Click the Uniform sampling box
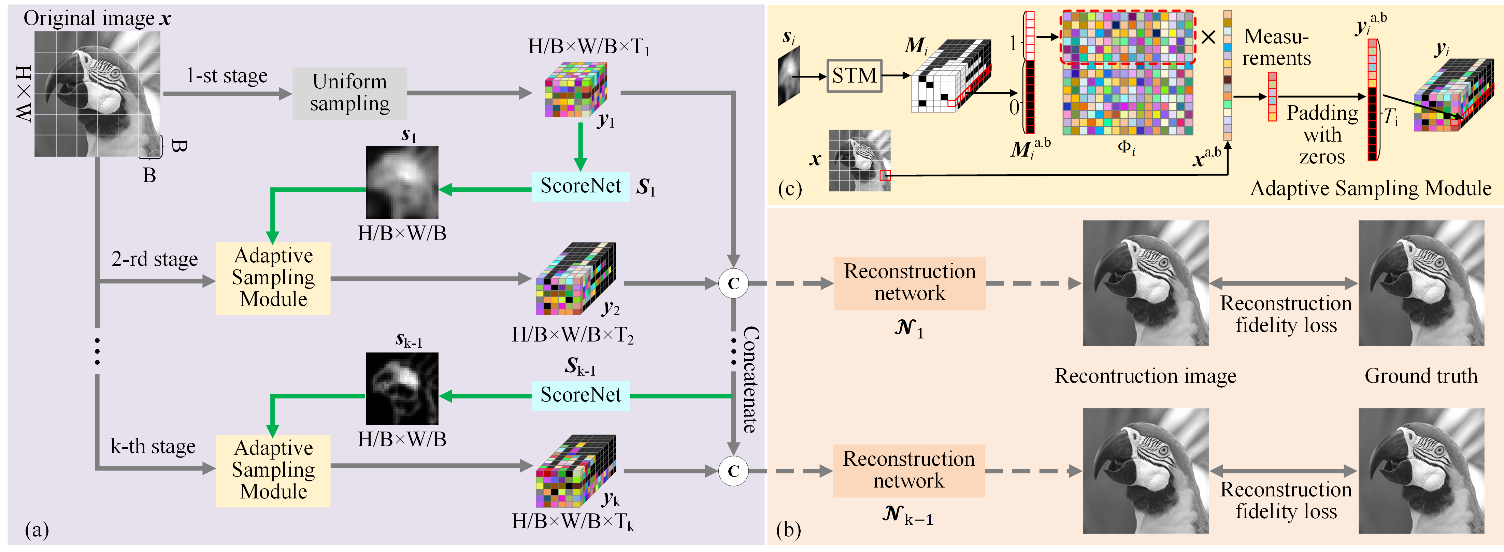pyautogui.click(x=349, y=93)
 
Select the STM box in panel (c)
pyautogui.click(x=854, y=76)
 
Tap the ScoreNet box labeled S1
pyautogui.click(x=581, y=187)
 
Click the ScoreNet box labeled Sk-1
pyautogui.click(x=581, y=395)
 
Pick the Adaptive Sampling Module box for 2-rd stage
pyautogui.click(x=273, y=278)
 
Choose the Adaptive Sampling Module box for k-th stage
pyautogui.click(x=273, y=470)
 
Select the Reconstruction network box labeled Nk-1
pyautogui.click(x=908, y=470)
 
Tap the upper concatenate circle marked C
pyautogui.click(x=733, y=284)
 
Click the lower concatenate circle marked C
pyautogui.click(x=733, y=471)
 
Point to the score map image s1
pyautogui.click(x=402, y=182)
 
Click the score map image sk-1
pyautogui.click(x=402, y=388)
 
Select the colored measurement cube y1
pyautogui.click(x=575, y=90)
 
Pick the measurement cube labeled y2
pyautogui.click(x=575, y=279)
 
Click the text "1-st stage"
pyautogui.click(x=227, y=76)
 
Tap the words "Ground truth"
pyautogui.click(x=1421, y=376)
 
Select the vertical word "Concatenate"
pyautogui.click(x=750, y=379)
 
